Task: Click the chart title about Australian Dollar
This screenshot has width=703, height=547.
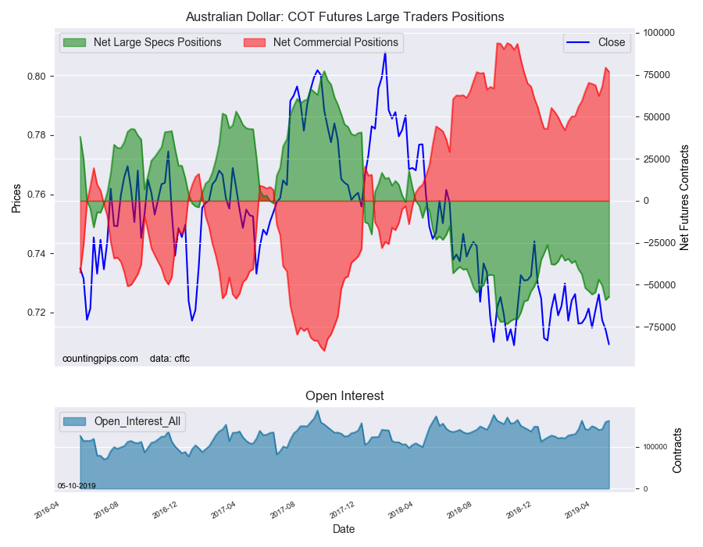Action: click(344, 17)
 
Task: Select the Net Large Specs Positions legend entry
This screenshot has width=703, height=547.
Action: click(142, 42)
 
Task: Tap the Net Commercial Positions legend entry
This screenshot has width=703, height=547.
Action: click(320, 42)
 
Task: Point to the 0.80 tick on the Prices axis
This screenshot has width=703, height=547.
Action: click(37, 77)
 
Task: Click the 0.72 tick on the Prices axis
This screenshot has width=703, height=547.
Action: click(37, 313)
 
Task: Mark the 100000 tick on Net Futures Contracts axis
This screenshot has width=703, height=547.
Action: click(659, 33)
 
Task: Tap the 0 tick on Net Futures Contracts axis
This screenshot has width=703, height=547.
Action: click(646, 201)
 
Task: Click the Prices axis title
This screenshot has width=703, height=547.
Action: click(16, 198)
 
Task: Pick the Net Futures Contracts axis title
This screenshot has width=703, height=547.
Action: click(684, 198)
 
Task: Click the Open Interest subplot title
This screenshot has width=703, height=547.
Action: click(344, 395)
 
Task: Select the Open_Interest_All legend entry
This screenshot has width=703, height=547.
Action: click(123, 421)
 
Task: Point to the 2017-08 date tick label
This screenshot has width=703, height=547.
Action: click(283, 510)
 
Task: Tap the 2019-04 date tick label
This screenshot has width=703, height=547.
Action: click(577, 510)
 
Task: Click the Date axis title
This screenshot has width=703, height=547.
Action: click(344, 529)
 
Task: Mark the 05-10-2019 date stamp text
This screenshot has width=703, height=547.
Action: click(77, 486)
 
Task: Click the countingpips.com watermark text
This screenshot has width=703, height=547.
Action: click(101, 359)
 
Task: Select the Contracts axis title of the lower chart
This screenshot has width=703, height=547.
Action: click(677, 451)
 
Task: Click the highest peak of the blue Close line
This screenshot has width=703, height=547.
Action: click(385, 53)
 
